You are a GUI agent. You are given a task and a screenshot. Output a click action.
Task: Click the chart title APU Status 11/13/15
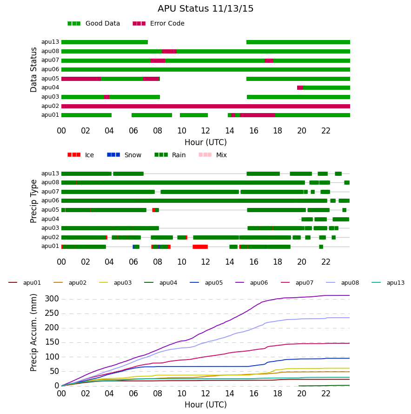[x=205, y=9]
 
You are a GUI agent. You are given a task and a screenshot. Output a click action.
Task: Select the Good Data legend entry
[x=94, y=24]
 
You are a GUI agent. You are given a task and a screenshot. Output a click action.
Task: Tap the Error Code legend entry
[x=159, y=24]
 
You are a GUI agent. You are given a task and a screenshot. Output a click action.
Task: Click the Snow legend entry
[x=124, y=155]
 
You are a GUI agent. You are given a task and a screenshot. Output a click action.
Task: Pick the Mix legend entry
[x=212, y=155]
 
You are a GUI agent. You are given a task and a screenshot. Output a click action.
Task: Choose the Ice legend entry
[x=80, y=155]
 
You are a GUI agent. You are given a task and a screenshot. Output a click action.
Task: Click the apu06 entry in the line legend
[x=252, y=283]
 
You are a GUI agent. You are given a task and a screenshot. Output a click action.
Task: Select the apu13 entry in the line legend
[x=388, y=283]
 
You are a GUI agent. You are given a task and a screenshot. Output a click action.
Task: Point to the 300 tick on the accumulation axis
[x=52, y=299]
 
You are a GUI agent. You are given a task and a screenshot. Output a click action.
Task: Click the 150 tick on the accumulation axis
[x=52, y=342]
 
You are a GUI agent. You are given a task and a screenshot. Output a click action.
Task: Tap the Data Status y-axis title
[x=33, y=70]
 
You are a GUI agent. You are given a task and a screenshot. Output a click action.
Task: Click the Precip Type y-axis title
[x=33, y=201]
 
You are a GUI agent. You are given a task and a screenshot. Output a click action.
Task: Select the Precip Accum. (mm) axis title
[x=33, y=333]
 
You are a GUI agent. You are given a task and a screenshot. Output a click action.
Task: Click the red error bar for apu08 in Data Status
[x=169, y=52]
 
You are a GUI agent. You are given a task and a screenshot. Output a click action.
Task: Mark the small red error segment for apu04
[x=300, y=87]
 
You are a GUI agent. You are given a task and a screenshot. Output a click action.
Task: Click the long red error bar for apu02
[x=205, y=106]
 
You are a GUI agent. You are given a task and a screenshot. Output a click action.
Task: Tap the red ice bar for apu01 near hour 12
[x=200, y=247]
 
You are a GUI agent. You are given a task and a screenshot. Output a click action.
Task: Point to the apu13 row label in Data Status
[x=50, y=42]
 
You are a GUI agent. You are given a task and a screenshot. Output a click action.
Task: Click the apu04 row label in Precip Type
[x=50, y=219]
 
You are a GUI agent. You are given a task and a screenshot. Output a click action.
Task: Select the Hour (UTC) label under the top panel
[x=205, y=142]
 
